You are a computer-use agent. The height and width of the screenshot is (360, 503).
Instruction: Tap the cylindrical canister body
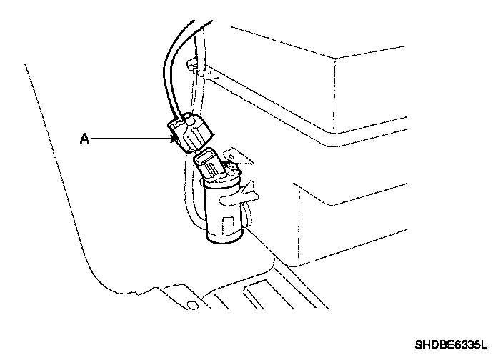(x=222, y=211)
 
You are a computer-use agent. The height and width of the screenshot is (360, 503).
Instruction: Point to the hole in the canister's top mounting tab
(x=234, y=152)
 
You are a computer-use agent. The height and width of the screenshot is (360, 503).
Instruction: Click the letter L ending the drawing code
(x=482, y=345)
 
